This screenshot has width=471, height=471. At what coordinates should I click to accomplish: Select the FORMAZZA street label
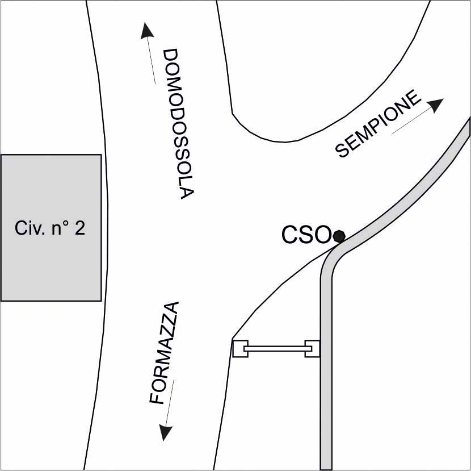coord(165,353)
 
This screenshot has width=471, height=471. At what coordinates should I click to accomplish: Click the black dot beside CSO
coord(339,235)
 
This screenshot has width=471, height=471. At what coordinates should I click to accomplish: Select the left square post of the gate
coord(240,348)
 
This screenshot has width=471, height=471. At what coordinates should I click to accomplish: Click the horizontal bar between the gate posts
coord(276,348)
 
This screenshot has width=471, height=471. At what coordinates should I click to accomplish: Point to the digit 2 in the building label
coord(80,228)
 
